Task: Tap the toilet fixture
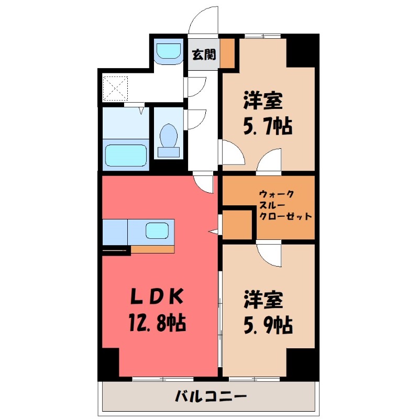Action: [x=169, y=138]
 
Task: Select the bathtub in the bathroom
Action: [x=126, y=155]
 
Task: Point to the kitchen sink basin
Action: [x=157, y=230]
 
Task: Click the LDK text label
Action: [x=156, y=297]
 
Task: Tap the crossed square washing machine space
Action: [x=115, y=88]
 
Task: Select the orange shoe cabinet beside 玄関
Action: [x=227, y=53]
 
